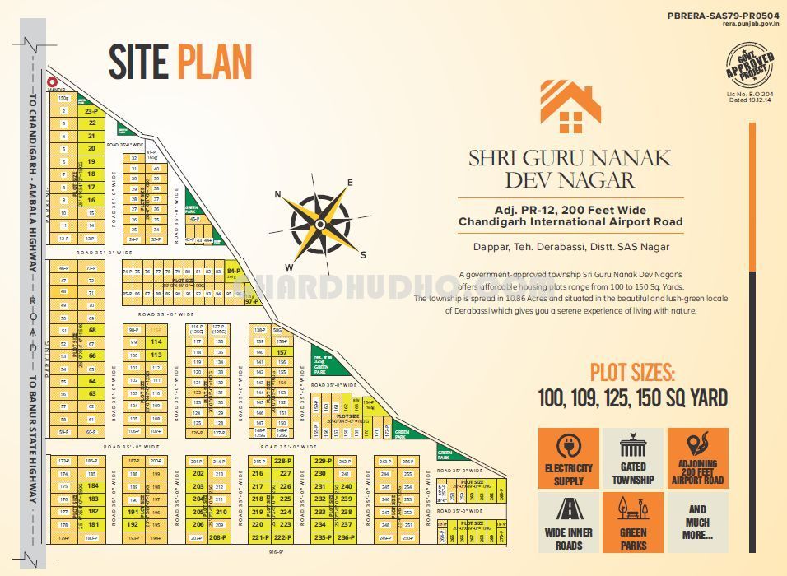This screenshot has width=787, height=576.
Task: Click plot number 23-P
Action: pyautogui.click(x=91, y=109)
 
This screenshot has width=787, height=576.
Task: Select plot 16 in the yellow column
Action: pyautogui.click(x=91, y=200)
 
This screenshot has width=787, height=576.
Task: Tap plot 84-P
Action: pyautogui.click(x=233, y=271)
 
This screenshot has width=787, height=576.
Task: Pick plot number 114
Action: pyautogui.click(x=156, y=341)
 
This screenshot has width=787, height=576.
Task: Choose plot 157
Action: pyautogui.click(x=282, y=351)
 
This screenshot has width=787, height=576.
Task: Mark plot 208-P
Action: pyautogui.click(x=218, y=537)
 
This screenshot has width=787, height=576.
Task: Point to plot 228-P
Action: pyautogui.click(x=283, y=461)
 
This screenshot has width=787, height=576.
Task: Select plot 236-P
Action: pyautogui.click(x=346, y=537)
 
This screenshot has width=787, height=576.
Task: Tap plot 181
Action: pyautogui.click(x=92, y=524)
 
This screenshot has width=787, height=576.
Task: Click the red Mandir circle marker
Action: pyautogui.click(x=52, y=82)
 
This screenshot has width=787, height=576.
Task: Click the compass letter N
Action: pyautogui.click(x=278, y=195)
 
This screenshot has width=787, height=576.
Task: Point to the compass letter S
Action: pyautogui.click(x=363, y=254)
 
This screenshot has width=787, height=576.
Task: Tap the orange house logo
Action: pyautogui.click(x=570, y=106)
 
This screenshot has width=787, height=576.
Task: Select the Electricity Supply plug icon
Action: pyautogui.click(x=569, y=448)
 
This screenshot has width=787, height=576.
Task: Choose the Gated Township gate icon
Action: pyautogui.click(x=633, y=448)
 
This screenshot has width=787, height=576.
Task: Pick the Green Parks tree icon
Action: pyautogui.click(x=633, y=510)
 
